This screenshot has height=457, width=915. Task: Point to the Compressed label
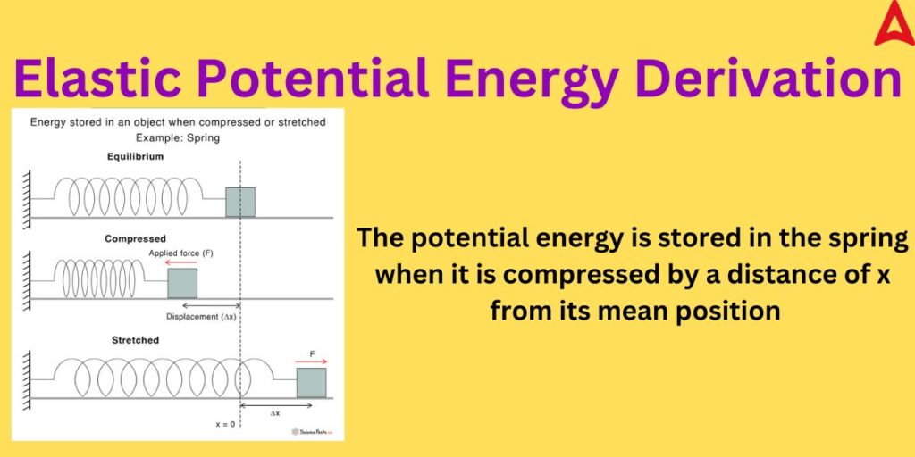pos(135,238)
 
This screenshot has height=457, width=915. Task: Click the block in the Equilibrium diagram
pos(239,202)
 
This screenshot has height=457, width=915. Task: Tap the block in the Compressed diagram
pos(182,282)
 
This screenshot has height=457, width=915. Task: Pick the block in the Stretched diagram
pos(311,382)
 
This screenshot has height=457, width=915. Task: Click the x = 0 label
pos(225,423)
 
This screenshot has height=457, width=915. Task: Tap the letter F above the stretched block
pos(311,353)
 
